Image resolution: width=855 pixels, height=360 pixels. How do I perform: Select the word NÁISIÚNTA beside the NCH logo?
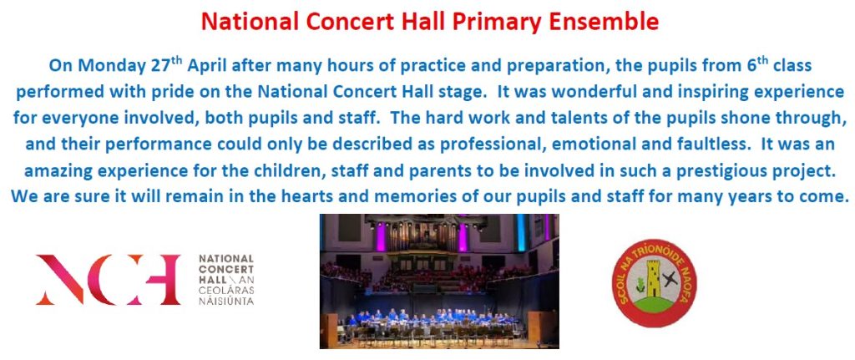pyautogui.click(x=226, y=300)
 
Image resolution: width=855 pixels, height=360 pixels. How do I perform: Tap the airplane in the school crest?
pyautogui.click(x=670, y=279)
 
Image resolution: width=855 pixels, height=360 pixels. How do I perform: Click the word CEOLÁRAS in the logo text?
pyautogui.click(x=226, y=290)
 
